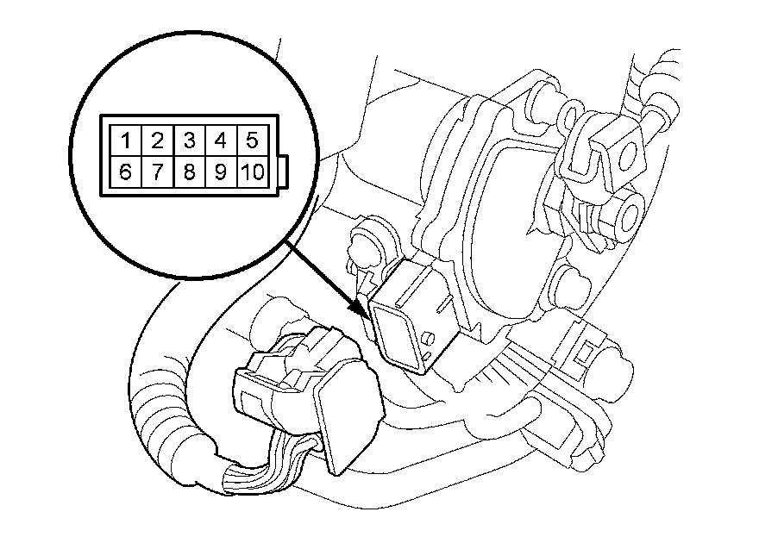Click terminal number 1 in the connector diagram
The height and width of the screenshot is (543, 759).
(125, 140)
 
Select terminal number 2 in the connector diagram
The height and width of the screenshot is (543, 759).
(157, 140)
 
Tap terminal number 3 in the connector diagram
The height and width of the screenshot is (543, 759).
(189, 140)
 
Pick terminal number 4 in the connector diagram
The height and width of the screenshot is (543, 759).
(220, 140)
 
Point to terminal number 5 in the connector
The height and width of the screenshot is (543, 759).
(251, 140)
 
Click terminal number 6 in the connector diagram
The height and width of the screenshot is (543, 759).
(125, 171)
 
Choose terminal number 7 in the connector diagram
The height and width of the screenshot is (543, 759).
(157, 171)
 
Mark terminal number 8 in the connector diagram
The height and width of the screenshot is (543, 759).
(189, 171)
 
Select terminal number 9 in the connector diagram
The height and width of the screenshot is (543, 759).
(220, 171)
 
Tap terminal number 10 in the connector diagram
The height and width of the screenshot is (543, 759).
(251, 171)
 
